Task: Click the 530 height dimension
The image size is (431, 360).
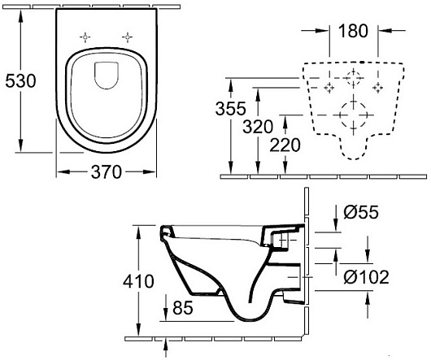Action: pyautogui.click(x=19, y=80)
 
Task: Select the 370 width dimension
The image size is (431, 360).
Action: pyautogui.click(x=106, y=173)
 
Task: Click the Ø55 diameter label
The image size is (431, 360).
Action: pyautogui.click(x=359, y=213)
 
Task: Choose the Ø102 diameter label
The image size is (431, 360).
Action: pyautogui.click(x=365, y=277)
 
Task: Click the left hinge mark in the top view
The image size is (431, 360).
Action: pyautogui.click(x=86, y=37)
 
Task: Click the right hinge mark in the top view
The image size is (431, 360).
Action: pyautogui.click(x=127, y=37)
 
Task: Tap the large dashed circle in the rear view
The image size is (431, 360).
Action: pyautogui.click(x=354, y=111)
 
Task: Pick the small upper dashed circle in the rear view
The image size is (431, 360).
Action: pyautogui.click(x=354, y=80)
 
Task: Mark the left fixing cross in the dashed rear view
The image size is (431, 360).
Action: pyautogui.click(x=329, y=86)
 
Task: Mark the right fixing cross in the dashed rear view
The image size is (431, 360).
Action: pyautogui.click(x=377, y=86)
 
